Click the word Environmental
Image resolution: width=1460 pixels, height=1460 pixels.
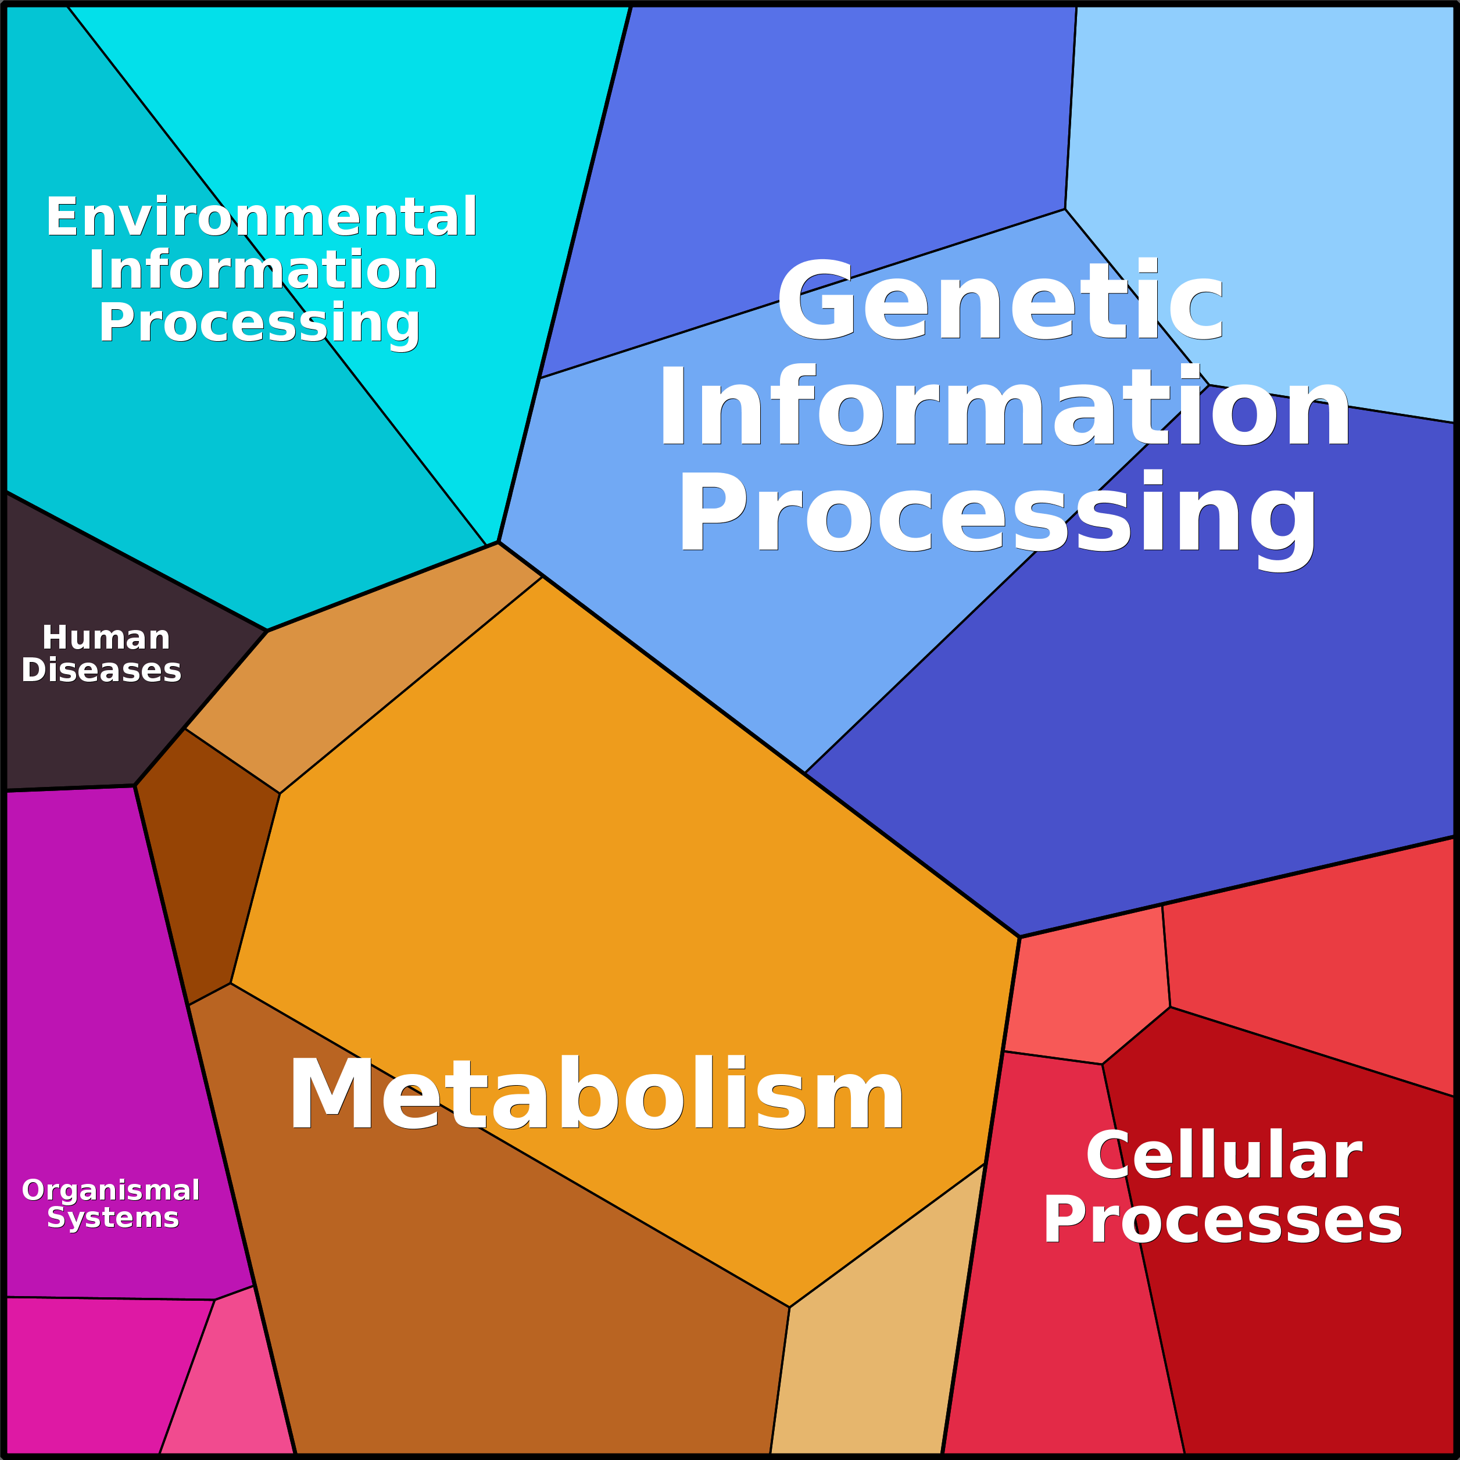[262, 217]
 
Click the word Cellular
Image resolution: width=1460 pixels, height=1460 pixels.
[1223, 1156]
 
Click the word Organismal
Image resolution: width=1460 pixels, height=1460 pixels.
[110, 1190]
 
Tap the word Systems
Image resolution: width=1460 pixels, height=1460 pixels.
[113, 1218]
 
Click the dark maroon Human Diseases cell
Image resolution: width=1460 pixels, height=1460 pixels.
[91, 725]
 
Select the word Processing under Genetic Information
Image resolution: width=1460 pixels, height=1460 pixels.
[997, 514]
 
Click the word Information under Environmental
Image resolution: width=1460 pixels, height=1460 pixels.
[263, 270]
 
